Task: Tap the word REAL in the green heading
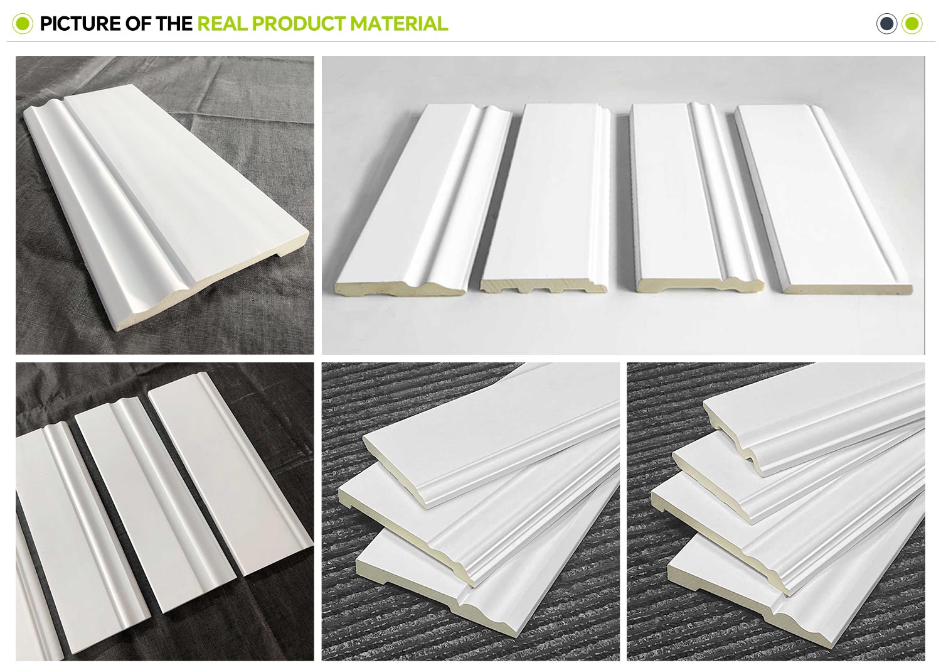(x=223, y=24)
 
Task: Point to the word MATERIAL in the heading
(x=399, y=24)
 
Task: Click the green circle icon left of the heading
(x=23, y=24)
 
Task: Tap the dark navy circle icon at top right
(x=886, y=24)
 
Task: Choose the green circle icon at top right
(x=912, y=24)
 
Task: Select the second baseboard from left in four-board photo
(x=546, y=198)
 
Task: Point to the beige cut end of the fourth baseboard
(x=847, y=289)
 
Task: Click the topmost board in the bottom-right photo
(x=815, y=421)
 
